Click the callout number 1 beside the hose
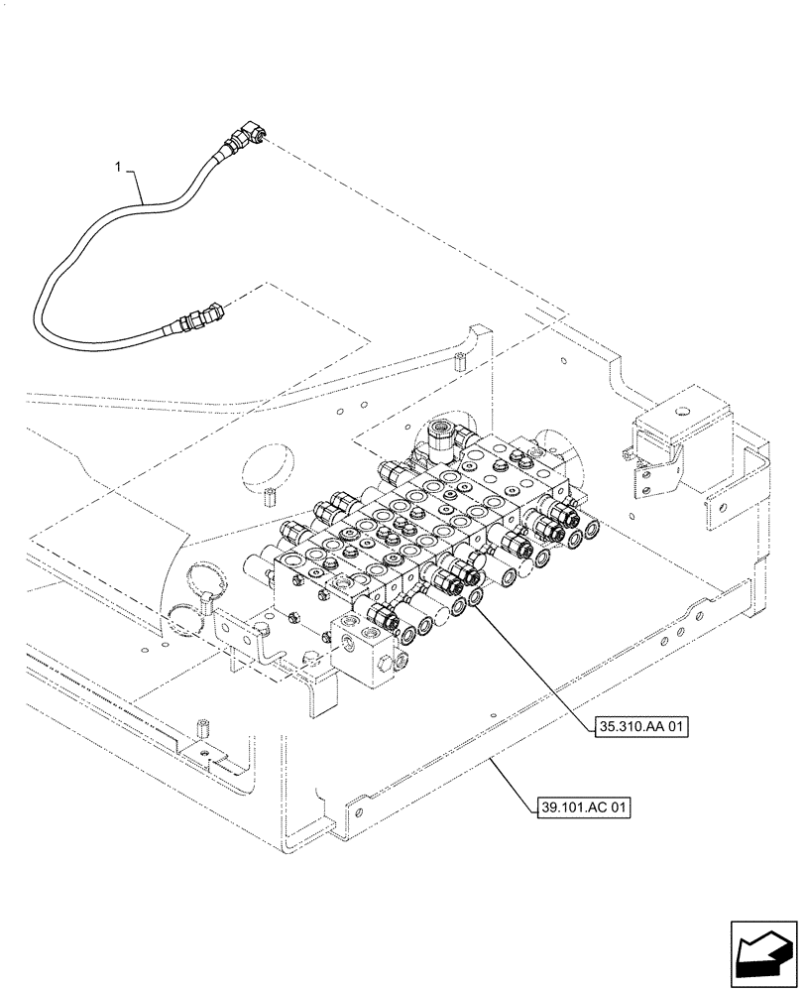[120, 170]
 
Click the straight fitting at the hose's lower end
[203, 319]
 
